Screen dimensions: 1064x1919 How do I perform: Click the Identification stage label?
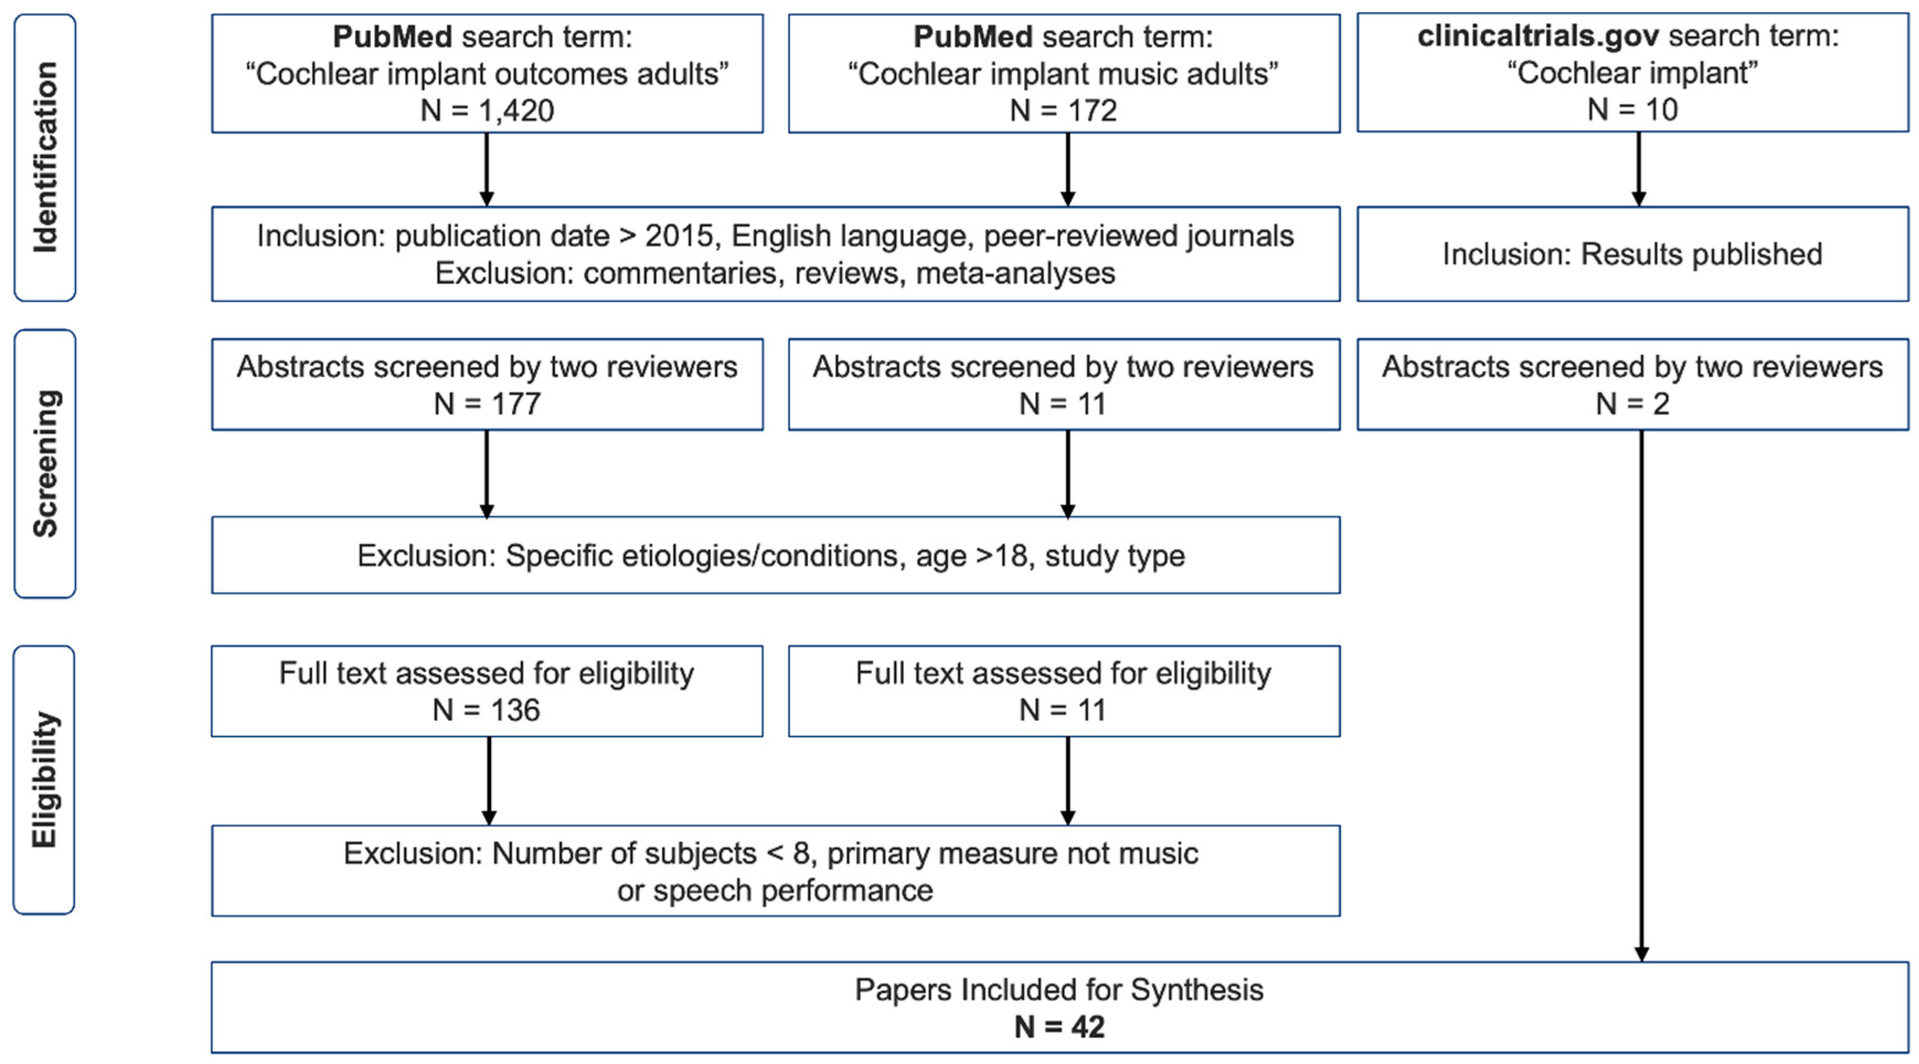click(x=45, y=157)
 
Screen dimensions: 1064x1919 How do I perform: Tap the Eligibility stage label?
click(x=45, y=779)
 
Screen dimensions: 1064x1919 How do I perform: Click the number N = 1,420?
click(x=487, y=110)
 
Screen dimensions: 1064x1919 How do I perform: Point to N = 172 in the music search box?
click(x=1063, y=110)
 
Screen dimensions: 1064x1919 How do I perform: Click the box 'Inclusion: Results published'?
click(x=1632, y=254)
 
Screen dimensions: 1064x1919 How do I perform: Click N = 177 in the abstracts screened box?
click(x=487, y=404)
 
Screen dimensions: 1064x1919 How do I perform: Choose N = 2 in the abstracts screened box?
click(x=1632, y=404)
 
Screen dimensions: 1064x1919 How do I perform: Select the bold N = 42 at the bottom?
click(x=1059, y=1026)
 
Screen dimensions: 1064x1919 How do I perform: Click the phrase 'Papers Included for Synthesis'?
click(x=1059, y=989)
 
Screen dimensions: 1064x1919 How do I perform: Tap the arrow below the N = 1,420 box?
click(x=487, y=170)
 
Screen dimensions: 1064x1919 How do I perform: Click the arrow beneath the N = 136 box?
click(x=489, y=781)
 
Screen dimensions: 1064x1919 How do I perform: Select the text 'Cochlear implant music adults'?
click(x=1063, y=74)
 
